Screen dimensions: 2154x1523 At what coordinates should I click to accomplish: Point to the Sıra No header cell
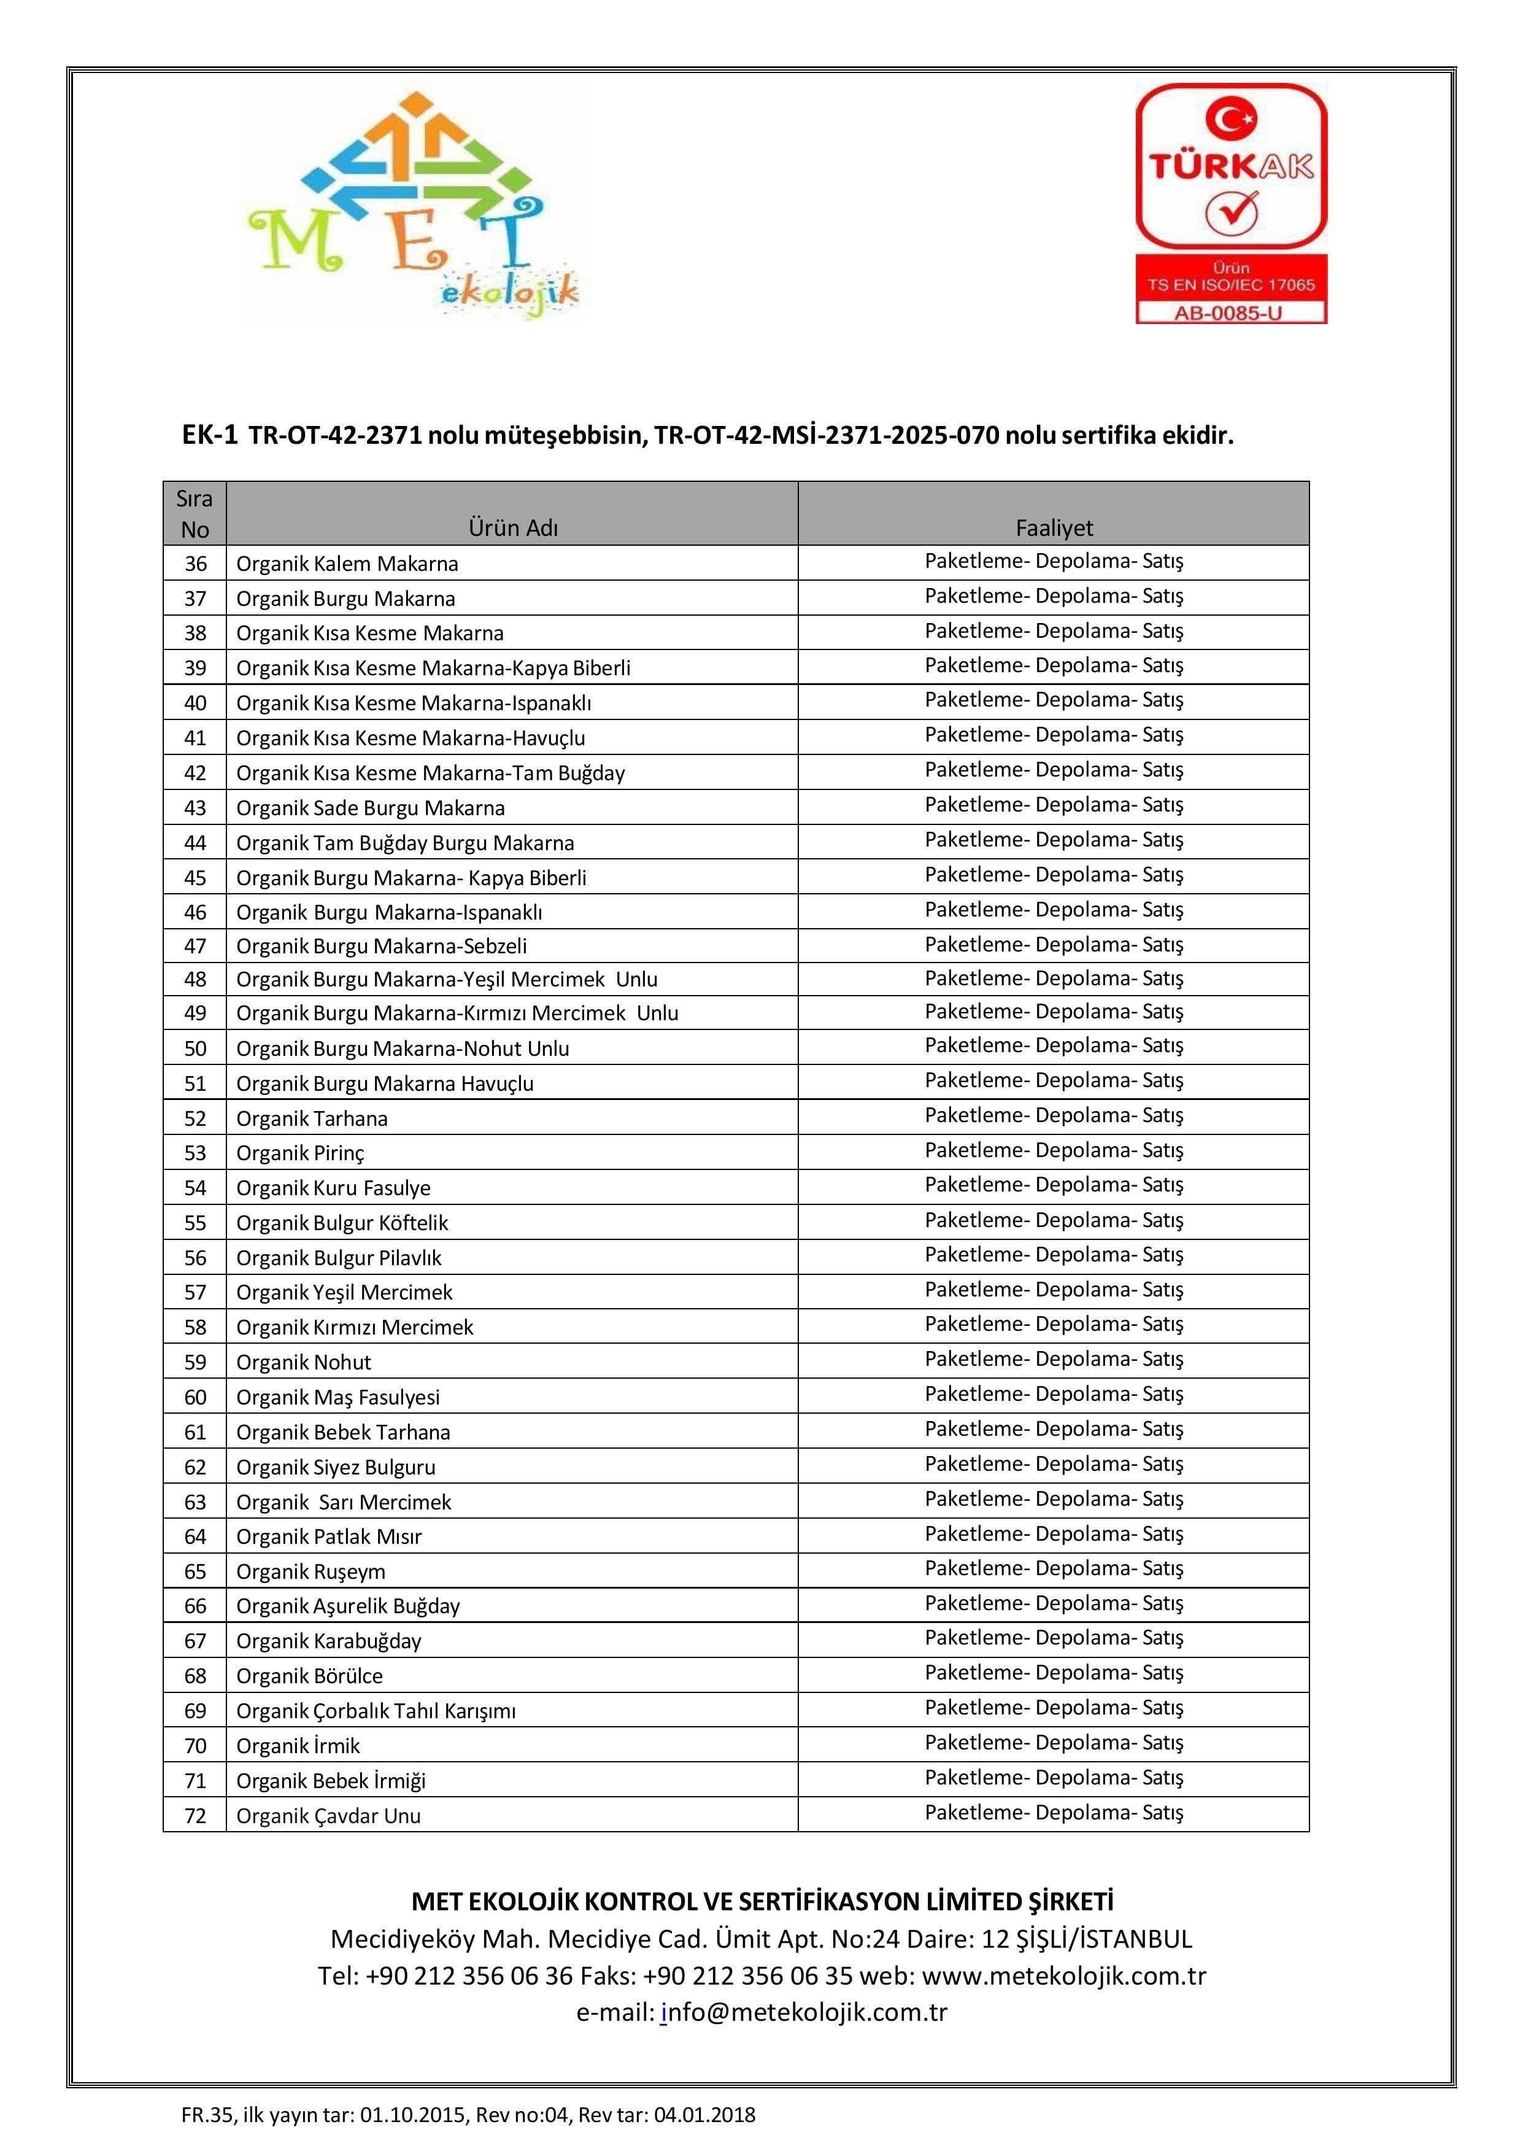point(194,514)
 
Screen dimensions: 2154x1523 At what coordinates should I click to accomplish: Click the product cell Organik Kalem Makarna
point(347,564)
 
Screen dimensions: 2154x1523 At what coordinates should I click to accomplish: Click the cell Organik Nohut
point(303,1362)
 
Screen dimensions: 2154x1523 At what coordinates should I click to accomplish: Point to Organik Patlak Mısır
point(328,1536)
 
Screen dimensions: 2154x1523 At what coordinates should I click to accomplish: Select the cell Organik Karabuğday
point(328,1641)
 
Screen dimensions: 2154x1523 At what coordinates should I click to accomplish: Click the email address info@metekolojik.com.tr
point(804,2012)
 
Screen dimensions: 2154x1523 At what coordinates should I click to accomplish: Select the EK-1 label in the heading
point(210,435)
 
